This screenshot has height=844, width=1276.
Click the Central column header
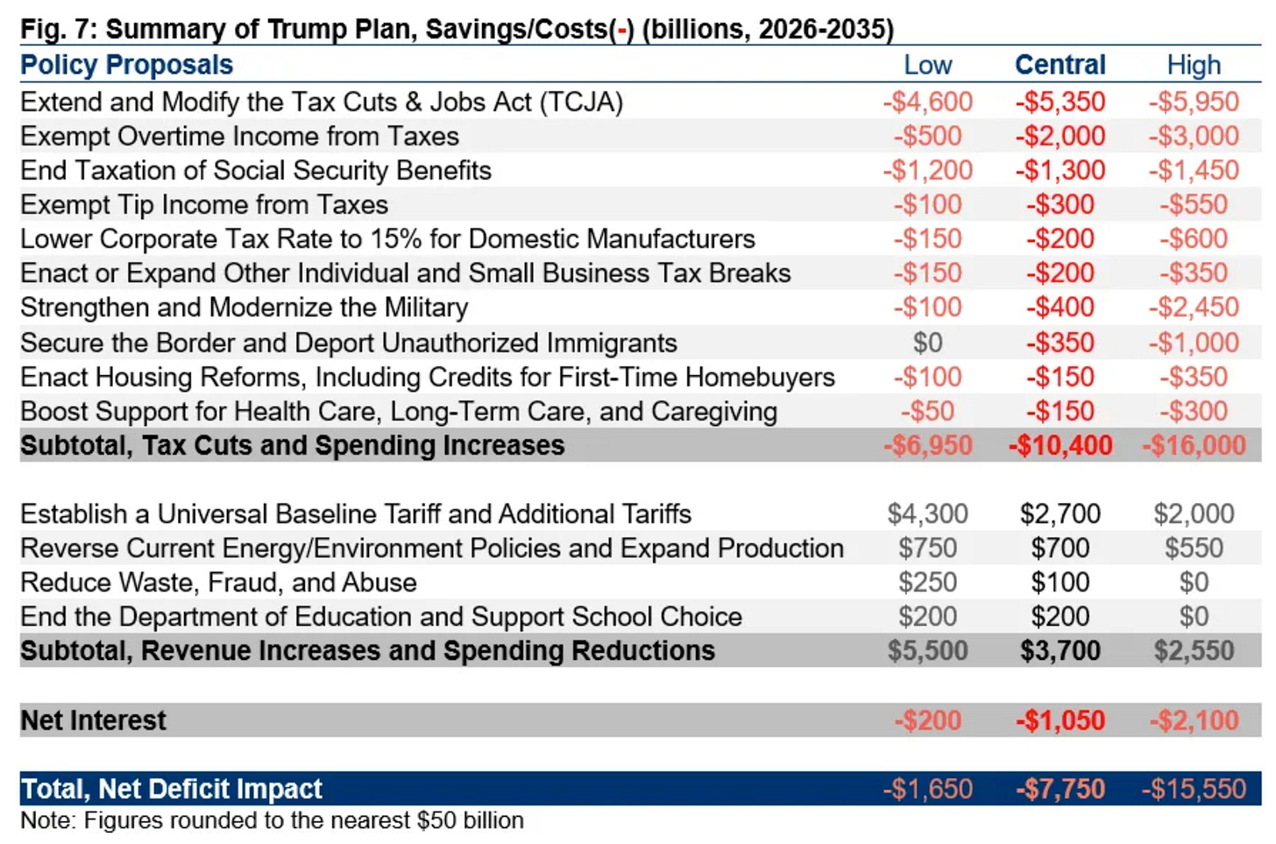(x=1060, y=65)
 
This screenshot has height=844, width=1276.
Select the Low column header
(x=927, y=65)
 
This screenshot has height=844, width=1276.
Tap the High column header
(x=1193, y=65)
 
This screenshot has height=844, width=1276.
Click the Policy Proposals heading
(x=126, y=65)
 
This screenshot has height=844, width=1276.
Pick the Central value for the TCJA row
(x=1060, y=102)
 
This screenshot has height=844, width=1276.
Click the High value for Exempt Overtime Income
(x=1193, y=136)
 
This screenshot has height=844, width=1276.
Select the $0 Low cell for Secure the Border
(x=927, y=343)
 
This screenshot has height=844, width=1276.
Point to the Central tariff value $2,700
(x=1060, y=514)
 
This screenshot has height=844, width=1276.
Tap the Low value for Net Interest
(x=927, y=720)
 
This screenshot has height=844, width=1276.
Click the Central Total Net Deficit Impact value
(x=1060, y=789)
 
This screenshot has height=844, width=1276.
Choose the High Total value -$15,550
(x=1193, y=789)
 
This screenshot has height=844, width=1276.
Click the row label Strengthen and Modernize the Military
(x=244, y=308)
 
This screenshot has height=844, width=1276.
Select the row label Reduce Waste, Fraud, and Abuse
(x=218, y=583)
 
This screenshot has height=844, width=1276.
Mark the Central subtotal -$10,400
(x=1060, y=445)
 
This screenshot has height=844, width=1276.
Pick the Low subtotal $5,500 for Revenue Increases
(x=927, y=651)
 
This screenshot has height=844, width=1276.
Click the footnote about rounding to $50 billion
(x=272, y=820)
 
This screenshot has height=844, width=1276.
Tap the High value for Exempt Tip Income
(x=1193, y=204)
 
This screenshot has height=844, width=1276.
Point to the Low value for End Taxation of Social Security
(x=927, y=170)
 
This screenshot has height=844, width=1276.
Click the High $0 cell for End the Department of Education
(x=1193, y=617)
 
